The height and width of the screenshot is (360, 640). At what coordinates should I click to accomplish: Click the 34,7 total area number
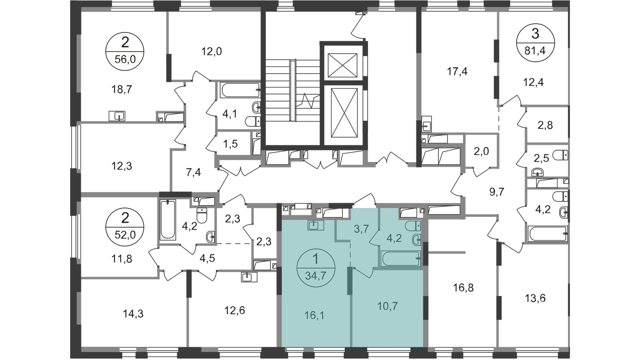click(315, 275)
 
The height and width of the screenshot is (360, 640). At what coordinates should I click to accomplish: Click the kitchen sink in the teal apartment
click(316, 226)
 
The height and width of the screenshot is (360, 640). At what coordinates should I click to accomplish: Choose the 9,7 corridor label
click(498, 191)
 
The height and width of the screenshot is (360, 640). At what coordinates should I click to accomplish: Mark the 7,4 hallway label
click(195, 174)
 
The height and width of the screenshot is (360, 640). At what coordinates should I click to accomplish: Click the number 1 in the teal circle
click(315, 259)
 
